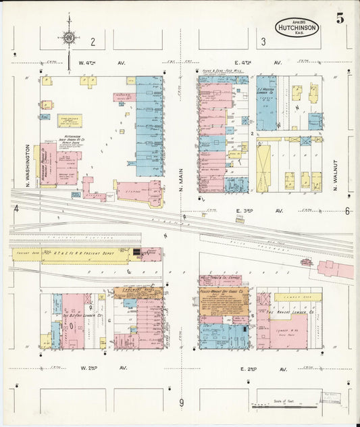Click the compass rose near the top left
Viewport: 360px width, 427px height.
point(69,37)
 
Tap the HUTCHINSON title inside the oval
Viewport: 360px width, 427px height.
point(297,28)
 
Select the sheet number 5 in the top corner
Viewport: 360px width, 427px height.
point(340,18)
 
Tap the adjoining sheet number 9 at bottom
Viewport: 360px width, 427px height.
point(181,403)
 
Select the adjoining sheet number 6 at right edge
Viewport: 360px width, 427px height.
point(347,211)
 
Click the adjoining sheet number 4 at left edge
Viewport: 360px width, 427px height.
point(15,209)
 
